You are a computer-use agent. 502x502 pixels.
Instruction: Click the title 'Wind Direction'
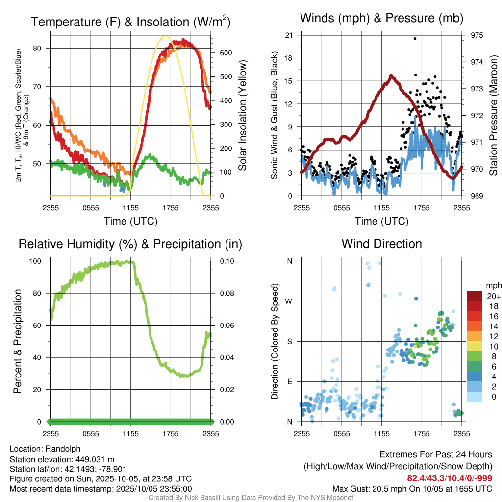[381, 244]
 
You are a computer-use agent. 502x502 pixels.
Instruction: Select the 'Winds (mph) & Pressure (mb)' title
[381, 19]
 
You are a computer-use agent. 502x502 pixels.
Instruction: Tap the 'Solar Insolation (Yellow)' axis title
[243, 116]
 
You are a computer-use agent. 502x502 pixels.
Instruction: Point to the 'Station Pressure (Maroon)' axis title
[493, 116]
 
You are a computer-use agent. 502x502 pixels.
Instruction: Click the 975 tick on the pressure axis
[477, 35]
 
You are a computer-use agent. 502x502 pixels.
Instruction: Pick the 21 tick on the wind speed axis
[289, 35]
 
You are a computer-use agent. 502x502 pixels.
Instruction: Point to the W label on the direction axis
[289, 301]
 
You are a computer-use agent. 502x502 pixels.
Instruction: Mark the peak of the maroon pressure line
[391, 75]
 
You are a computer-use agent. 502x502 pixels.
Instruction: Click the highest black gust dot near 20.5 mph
[415, 38]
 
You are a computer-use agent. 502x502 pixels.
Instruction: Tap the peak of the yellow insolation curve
[165, 36]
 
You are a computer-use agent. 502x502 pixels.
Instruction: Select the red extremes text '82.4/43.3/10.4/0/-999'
[450, 478]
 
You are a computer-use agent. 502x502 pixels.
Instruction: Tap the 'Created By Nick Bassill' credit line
[251, 498]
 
